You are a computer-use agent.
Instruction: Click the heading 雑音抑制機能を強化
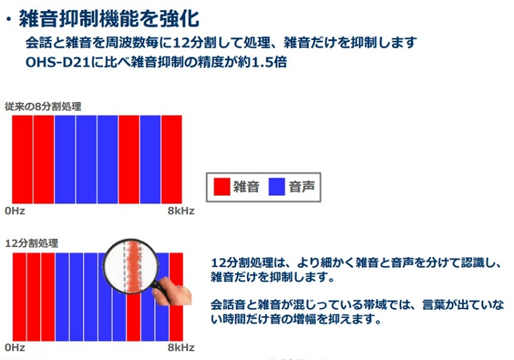[109, 18]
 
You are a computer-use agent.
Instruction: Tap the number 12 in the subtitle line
[180, 43]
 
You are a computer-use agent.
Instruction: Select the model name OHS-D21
[57, 62]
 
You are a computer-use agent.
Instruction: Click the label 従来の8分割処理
[43, 107]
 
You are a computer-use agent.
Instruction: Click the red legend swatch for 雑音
[222, 187]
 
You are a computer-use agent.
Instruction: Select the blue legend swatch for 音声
[276, 187]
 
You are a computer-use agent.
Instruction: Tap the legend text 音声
[302, 187]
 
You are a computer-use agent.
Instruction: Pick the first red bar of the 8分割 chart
[22, 160]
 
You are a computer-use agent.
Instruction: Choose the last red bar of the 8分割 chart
[172, 160]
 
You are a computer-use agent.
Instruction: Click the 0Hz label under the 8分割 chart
[15, 211]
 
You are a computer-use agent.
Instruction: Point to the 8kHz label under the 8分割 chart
[181, 211]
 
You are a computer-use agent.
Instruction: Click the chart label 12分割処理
[31, 243]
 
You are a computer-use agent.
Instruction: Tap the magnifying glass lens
[131, 266]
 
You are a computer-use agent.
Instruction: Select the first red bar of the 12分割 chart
[19, 297]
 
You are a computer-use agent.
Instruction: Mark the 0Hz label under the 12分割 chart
[15, 347]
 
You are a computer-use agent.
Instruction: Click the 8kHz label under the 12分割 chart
[181, 347]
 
